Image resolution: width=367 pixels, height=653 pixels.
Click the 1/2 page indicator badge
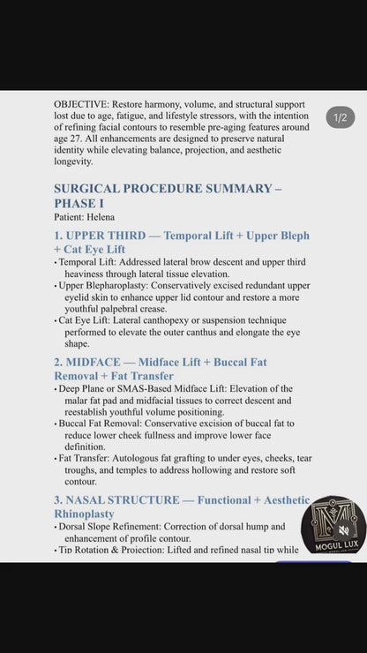coord(341,117)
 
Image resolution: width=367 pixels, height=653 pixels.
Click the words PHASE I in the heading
coord(79,203)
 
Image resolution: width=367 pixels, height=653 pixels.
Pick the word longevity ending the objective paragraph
coord(73,161)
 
